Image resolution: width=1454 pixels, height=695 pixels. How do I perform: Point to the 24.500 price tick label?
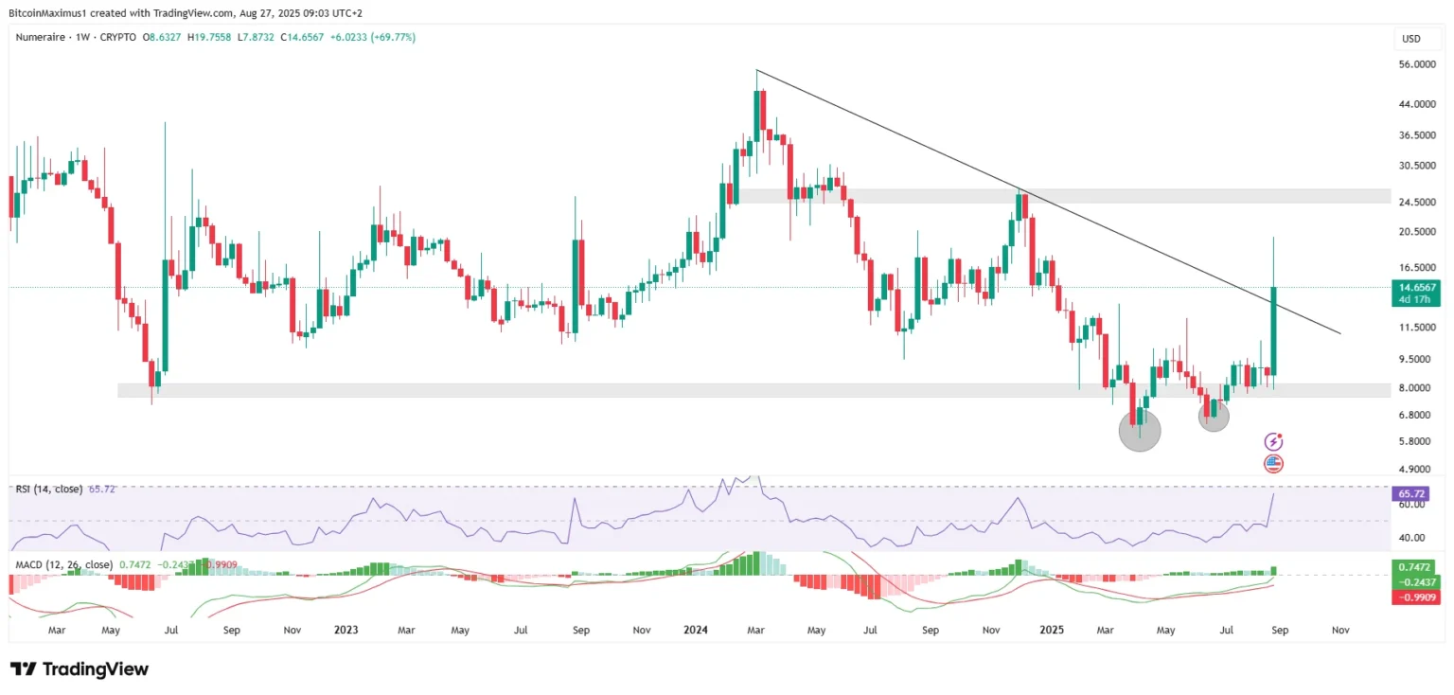point(1417,202)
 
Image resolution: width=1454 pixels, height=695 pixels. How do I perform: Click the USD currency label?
point(1410,39)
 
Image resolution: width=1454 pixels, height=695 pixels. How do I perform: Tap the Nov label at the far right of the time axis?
point(1339,629)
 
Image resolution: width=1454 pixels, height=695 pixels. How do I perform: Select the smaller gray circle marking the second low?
point(1214,416)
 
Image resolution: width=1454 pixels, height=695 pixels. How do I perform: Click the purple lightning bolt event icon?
point(1273,441)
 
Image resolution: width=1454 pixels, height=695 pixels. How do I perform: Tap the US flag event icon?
point(1273,464)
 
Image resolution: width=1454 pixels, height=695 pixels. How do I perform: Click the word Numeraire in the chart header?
point(44,37)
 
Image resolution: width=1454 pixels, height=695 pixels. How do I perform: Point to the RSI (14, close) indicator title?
point(48,489)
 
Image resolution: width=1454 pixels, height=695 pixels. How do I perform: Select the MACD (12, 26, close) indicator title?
point(63,564)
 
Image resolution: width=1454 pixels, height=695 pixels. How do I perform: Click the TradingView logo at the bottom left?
point(80,669)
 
